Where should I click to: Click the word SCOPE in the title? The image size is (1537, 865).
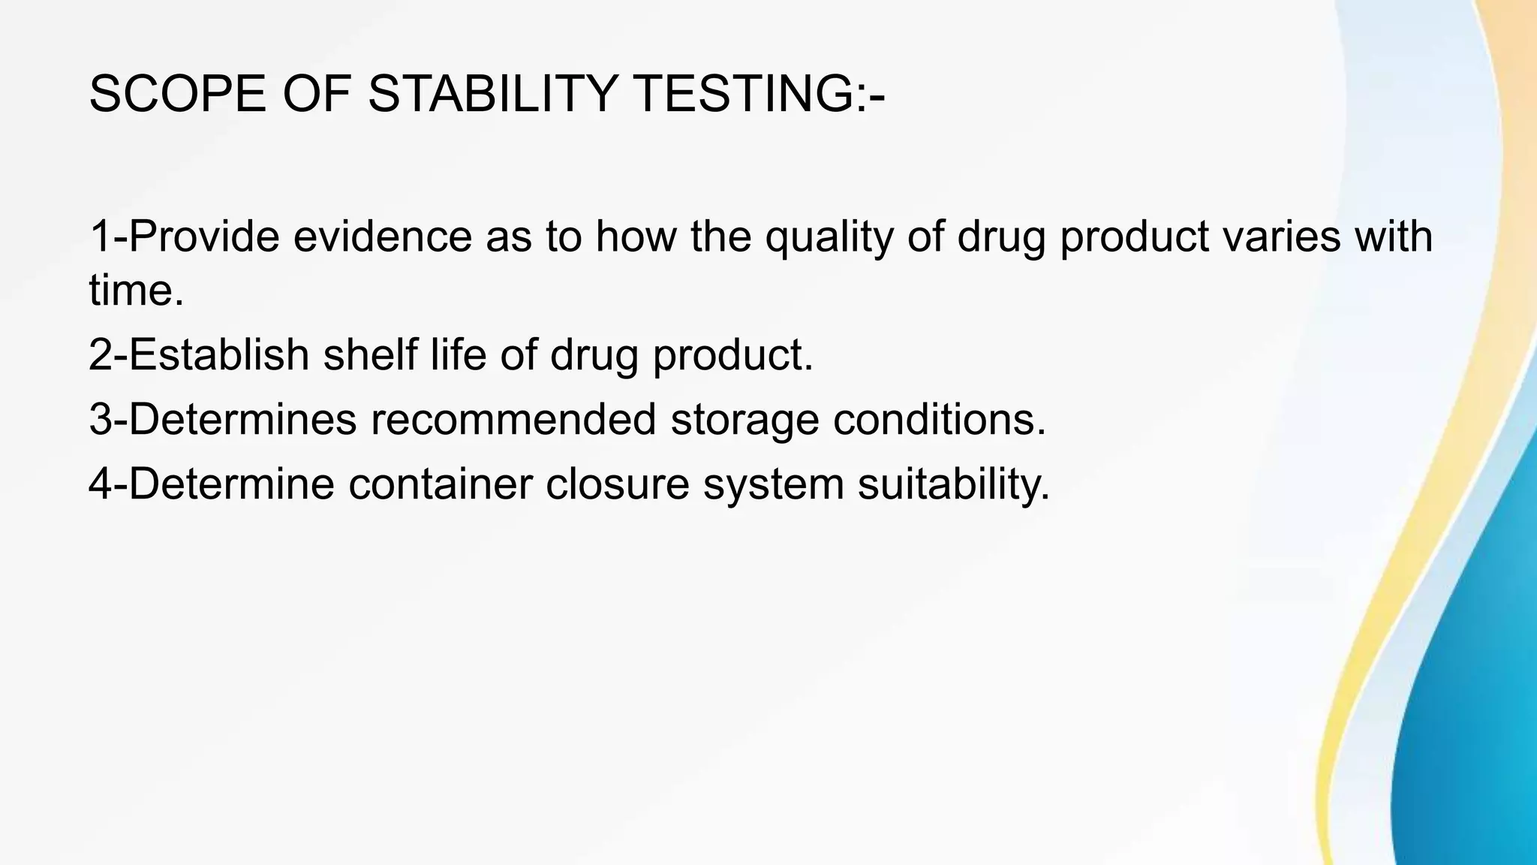click(x=177, y=95)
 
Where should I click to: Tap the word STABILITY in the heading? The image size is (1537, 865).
click(x=493, y=95)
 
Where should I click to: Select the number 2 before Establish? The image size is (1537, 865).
click(x=101, y=354)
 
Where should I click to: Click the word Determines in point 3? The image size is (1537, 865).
click(x=242, y=419)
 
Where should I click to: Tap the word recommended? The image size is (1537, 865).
click(x=513, y=419)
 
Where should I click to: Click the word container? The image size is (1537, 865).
click(x=440, y=484)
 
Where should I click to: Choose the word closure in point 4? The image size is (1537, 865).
click(x=617, y=484)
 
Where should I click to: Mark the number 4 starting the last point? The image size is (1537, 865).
click(x=101, y=484)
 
